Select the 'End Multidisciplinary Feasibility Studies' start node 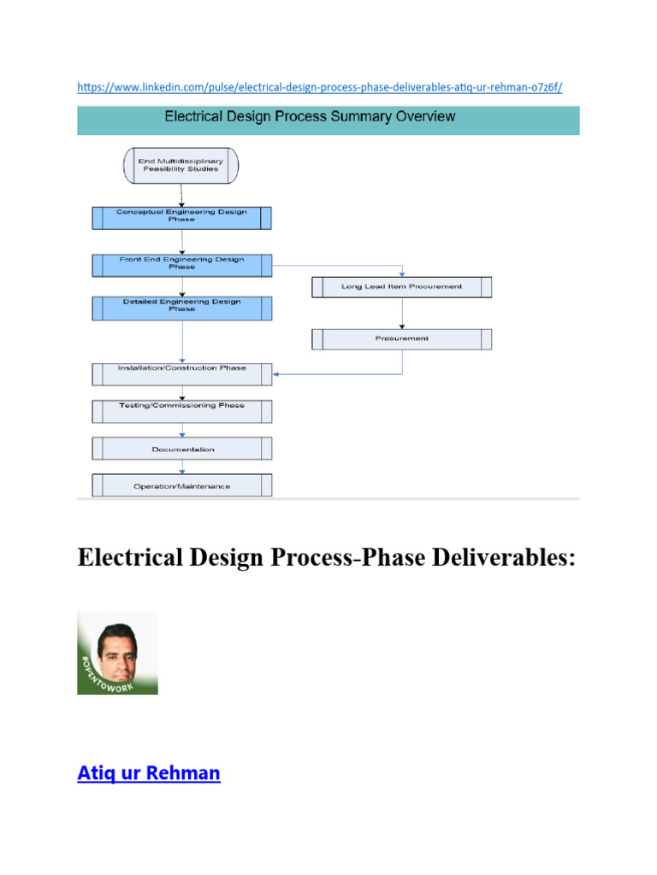181,164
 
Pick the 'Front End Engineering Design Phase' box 181,264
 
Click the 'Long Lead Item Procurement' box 401,287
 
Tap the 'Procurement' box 401,339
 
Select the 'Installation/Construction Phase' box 181,373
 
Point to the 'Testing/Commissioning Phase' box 181,411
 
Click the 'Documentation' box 181,449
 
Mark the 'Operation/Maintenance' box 181,485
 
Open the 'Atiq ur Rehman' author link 149,774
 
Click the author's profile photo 118,653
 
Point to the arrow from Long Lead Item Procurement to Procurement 401,313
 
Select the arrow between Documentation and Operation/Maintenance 181,467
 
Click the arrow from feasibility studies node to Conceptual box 181,195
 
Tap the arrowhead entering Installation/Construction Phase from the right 277,373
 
